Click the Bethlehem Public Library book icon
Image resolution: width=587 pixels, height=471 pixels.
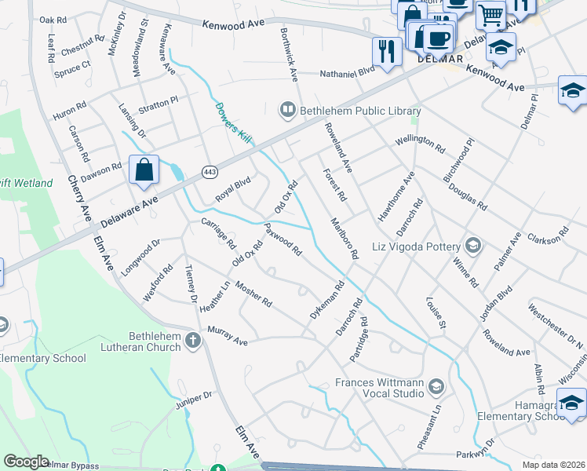tap(288, 111)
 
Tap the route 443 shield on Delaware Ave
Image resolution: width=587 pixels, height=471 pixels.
tap(210, 171)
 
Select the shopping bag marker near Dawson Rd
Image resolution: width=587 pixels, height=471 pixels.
tap(144, 170)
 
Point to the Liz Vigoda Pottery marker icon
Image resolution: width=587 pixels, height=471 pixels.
tap(472, 246)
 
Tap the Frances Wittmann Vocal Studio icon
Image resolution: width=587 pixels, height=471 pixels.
tap(436, 385)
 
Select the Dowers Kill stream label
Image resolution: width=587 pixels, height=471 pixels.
tap(233, 119)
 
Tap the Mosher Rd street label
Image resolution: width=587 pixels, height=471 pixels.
tap(253, 294)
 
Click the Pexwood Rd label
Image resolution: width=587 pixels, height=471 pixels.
tap(283, 240)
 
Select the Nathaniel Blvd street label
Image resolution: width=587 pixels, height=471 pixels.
tap(348, 75)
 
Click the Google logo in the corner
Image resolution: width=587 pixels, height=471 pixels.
tap(27, 462)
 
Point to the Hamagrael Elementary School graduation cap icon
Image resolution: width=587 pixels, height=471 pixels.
tap(574, 403)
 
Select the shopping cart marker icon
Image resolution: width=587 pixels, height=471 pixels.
tap(490, 13)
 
